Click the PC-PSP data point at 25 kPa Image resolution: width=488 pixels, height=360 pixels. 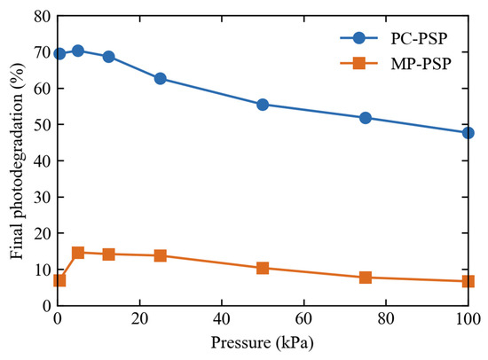[161, 79]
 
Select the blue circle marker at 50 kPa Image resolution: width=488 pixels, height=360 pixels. [263, 105]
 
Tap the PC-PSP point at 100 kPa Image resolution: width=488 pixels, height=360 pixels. [468, 133]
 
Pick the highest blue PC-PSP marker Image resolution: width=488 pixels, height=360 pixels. [78, 51]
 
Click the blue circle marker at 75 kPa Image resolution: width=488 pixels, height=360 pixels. [366, 118]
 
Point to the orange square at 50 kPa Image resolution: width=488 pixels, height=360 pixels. [263, 268]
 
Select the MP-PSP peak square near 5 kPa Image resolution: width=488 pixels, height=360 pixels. [78, 253]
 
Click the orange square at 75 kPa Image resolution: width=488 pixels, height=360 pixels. [366, 278]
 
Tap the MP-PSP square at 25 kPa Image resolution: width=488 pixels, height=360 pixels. [161, 255]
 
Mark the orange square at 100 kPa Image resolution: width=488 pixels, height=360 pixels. [468, 281]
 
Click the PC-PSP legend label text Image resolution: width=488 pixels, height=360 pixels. [419, 39]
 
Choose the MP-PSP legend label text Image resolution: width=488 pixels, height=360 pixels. [421, 64]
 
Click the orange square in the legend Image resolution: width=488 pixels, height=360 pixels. [358, 63]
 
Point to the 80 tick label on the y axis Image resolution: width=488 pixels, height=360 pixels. [42, 16]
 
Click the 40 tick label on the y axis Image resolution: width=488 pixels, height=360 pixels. [42, 160]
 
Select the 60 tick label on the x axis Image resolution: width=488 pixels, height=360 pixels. [303, 318]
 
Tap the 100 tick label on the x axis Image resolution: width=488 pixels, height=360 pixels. [468, 318]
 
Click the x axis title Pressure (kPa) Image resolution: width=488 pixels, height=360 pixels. [262, 342]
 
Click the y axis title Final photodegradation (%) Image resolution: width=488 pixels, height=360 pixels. [17, 160]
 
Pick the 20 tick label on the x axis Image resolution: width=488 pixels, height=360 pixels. [139, 318]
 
